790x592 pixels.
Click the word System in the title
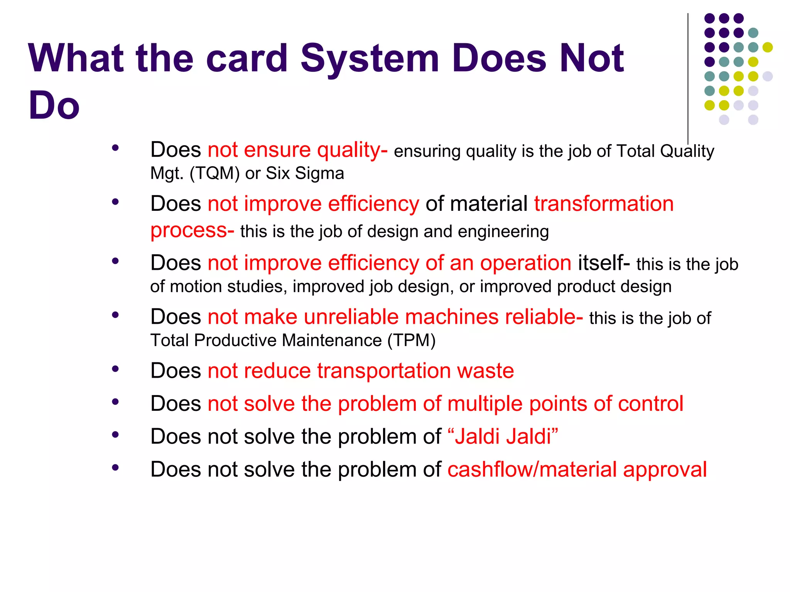click(370, 59)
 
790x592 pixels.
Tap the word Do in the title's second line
click(54, 106)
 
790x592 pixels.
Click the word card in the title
click(247, 59)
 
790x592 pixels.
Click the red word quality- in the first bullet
click(352, 150)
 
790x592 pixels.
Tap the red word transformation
click(604, 204)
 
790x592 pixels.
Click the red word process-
click(192, 230)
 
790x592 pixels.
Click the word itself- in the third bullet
click(604, 263)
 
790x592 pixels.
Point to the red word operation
click(525, 263)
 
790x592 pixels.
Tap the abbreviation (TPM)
click(411, 341)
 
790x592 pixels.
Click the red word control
click(650, 404)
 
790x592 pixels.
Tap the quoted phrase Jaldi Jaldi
click(503, 437)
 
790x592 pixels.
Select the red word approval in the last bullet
click(665, 470)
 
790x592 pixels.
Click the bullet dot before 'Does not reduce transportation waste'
click(115, 369)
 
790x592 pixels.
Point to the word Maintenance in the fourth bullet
click(332, 341)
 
